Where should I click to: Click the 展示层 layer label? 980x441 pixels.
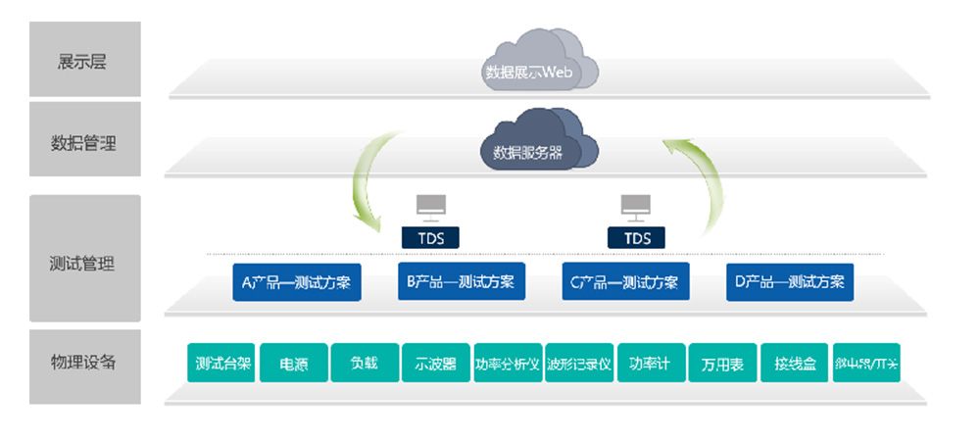pyautogui.click(x=83, y=62)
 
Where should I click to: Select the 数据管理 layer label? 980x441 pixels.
pyautogui.click(x=83, y=142)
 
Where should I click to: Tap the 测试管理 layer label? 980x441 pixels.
pyautogui.click(x=83, y=263)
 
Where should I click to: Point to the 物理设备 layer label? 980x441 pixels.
pyautogui.click(x=83, y=362)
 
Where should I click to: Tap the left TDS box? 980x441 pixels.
pyautogui.click(x=431, y=238)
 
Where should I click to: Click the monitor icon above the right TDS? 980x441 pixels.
pyautogui.click(x=637, y=206)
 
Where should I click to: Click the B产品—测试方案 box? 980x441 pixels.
pyautogui.click(x=460, y=282)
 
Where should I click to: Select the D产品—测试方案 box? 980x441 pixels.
pyautogui.click(x=789, y=282)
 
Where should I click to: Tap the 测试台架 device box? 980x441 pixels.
pyautogui.click(x=222, y=364)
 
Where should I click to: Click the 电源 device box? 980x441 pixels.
pyautogui.click(x=294, y=364)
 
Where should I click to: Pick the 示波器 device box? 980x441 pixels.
pyautogui.click(x=436, y=364)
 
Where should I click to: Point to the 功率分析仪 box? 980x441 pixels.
pyautogui.click(x=508, y=364)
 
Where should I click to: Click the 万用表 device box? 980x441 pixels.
pyautogui.click(x=722, y=364)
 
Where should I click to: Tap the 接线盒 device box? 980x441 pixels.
pyautogui.click(x=795, y=364)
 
